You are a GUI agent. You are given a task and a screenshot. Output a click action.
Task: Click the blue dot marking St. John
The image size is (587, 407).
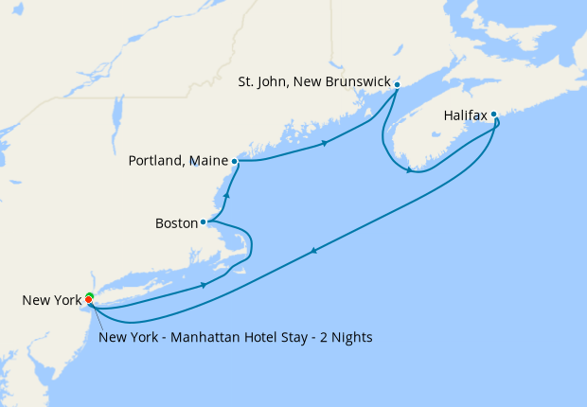pos(397,84)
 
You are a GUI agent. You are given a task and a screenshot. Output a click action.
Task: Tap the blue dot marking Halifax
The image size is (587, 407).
pos(493,115)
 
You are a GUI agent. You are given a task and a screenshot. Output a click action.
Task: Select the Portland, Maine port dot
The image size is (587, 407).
pos(234,161)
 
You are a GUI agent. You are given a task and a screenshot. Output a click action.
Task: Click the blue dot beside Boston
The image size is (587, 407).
pos(204,222)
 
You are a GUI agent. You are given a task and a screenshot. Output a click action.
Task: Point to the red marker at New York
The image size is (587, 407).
pos(89,300)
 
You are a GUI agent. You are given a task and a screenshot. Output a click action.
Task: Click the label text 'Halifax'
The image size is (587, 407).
pos(465,116)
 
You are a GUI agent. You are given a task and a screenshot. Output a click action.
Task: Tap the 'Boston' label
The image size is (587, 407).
pos(175,224)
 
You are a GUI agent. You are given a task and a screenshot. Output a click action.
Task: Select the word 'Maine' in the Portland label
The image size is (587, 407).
pos(210,161)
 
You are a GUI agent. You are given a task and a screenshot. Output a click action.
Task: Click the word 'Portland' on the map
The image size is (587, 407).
pos(157,161)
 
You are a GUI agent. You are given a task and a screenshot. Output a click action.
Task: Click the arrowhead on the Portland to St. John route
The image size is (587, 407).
pos(325,143)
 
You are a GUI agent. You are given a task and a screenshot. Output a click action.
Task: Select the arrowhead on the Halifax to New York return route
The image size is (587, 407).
pos(312,250)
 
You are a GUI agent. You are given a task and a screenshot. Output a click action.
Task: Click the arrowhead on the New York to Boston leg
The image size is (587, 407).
pos(204,284)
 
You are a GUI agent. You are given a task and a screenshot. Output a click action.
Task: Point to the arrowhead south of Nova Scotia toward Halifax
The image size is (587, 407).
pos(409,170)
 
